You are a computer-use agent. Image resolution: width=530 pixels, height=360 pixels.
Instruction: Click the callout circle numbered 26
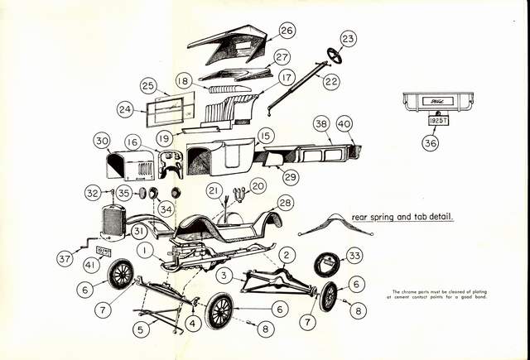(x=287, y=31)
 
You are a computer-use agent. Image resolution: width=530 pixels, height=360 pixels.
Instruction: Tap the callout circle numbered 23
(x=348, y=39)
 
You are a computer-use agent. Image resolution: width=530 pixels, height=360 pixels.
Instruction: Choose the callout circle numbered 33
(x=354, y=256)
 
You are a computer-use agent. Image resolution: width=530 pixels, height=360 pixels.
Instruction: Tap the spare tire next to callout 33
(x=328, y=267)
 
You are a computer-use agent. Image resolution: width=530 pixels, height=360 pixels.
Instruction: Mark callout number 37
(x=65, y=259)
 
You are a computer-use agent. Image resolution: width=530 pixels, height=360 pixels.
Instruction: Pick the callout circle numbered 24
(x=126, y=108)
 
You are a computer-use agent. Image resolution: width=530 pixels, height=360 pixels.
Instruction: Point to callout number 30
(x=103, y=142)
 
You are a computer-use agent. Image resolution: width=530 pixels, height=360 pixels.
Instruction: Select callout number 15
(x=265, y=136)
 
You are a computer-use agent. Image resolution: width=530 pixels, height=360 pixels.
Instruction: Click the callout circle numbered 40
(x=344, y=123)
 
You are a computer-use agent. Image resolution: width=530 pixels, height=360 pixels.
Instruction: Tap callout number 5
(x=142, y=329)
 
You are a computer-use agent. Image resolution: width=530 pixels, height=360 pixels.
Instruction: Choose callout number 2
(x=287, y=254)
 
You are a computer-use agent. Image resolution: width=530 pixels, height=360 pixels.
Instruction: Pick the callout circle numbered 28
(x=285, y=203)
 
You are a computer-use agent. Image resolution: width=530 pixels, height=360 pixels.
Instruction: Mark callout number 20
(x=258, y=186)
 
